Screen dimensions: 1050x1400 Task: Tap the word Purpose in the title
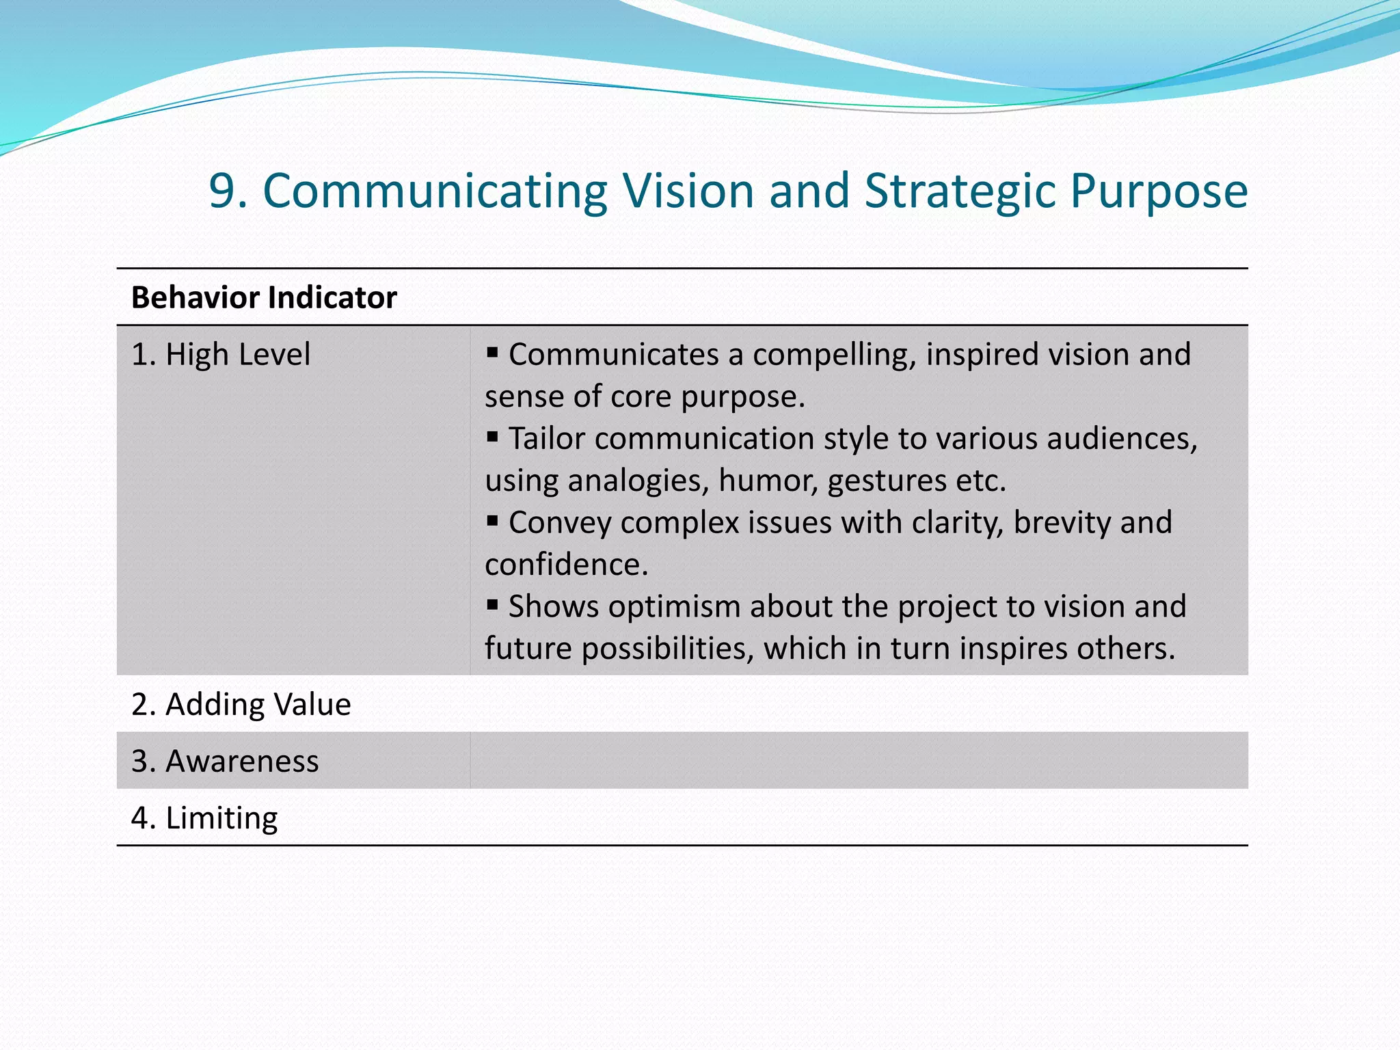coord(1159,191)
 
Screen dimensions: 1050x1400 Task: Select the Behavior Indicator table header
coord(264,298)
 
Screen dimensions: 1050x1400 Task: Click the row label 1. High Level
coord(221,355)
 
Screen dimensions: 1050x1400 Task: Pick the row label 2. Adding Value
coord(241,704)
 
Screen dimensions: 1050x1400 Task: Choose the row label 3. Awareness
coord(225,761)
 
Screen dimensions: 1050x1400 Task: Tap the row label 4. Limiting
coord(204,818)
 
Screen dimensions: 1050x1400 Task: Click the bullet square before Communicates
coord(492,353)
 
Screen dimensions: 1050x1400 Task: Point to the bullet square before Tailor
coord(492,437)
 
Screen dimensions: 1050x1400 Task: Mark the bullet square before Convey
coord(492,521)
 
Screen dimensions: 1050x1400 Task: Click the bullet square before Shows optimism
coord(492,605)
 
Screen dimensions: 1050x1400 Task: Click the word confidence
coord(566,565)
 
